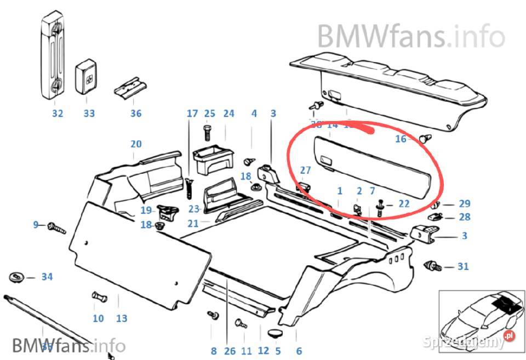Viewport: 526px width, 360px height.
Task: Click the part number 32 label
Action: click(58, 113)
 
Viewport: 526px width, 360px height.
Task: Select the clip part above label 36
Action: click(131, 87)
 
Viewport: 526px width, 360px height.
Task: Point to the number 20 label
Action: click(136, 144)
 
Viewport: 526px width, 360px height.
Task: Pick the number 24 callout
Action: click(228, 113)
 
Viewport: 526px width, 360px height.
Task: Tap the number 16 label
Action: click(401, 139)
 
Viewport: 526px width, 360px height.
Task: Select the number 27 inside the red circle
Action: click(305, 170)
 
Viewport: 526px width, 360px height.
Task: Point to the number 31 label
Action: click(464, 267)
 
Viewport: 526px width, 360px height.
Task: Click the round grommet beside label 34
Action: click(18, 277)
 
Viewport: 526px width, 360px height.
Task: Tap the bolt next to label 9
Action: click(56, 227)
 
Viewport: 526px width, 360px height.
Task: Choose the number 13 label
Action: click(122, 318)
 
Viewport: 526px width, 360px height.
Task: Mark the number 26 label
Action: click(229, 351)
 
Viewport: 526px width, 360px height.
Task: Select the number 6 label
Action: click(299, 351)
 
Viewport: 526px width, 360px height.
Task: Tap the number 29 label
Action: click(465, 204)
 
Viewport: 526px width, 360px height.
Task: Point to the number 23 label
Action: click(193, 209)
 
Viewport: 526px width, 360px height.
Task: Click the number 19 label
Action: click(146, 210)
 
